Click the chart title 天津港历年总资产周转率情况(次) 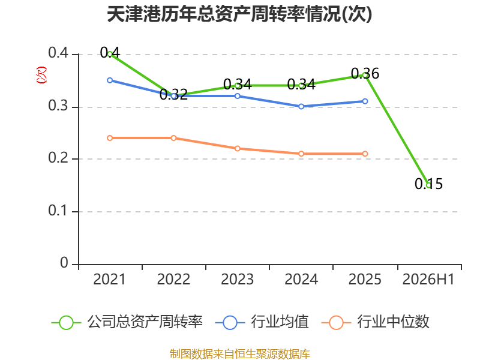[x=239, y=14]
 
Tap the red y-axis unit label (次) [x=41, y=75]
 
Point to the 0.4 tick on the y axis [x=58, y=53]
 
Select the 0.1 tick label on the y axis [x=58, y=211]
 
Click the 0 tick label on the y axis [x=64, y=263]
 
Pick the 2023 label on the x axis [x=237, y=280]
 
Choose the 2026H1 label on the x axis [x=428, y=280]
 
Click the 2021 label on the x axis [x=109, y=280]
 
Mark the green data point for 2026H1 [x=429, y=185]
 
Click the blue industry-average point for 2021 [x=110, y=80]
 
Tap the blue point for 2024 [x=301, y=106]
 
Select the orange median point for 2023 [x=237, y=148]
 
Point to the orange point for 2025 [x=365, y=154]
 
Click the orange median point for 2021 [x=110, y=138]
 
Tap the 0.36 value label [x=365, y=73]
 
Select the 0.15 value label [x=428, y=184]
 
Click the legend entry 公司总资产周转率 [x=127, y=322]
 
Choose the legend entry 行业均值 [x=262, y=322]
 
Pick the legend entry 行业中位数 [x=376, y=322]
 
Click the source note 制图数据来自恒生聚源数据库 [x=239, y=354]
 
